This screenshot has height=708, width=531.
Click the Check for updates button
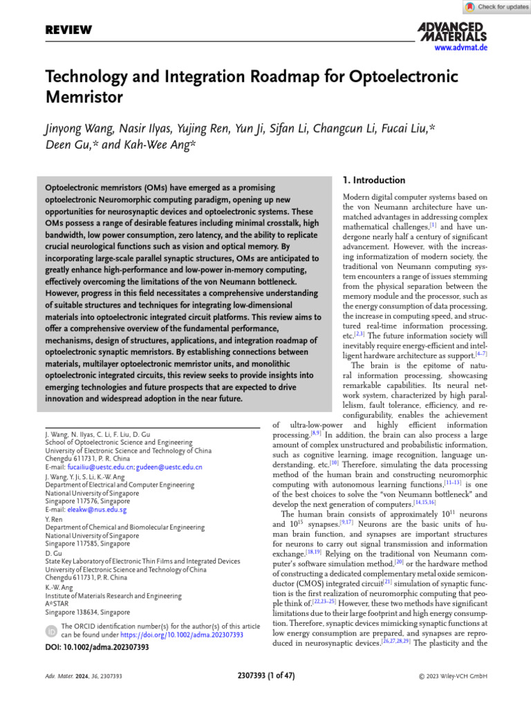497,7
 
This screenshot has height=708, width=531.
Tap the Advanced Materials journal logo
452,31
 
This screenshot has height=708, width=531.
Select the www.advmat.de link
461,48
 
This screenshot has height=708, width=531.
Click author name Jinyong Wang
82,129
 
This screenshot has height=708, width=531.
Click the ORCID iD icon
51,631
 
